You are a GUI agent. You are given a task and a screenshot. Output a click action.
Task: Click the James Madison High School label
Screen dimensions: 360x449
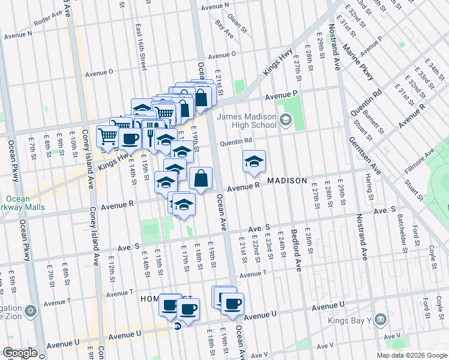(246, 121)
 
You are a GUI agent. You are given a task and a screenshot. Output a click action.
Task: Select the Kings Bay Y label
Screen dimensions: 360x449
(349, 320)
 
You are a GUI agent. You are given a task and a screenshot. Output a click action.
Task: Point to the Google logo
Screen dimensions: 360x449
(19, 353)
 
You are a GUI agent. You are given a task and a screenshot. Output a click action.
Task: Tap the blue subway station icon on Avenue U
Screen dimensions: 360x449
(178, 326)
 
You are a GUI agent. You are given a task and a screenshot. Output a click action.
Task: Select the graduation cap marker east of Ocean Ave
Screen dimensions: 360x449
(254, 161)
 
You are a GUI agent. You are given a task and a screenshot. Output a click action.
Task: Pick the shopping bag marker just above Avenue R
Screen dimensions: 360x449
(201, 178)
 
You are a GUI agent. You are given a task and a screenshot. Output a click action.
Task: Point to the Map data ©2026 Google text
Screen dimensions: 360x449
(412, 355)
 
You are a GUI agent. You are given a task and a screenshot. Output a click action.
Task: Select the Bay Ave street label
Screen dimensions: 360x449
(224, 32)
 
